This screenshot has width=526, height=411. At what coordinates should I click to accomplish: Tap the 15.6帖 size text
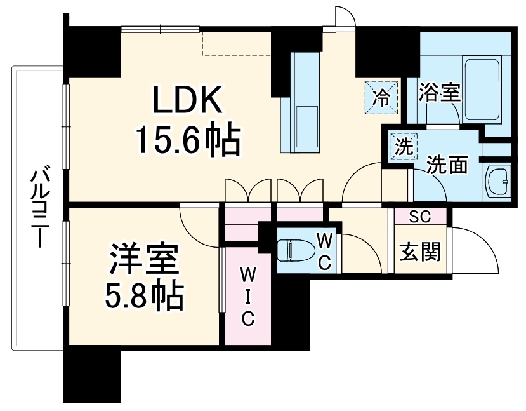[x=188, y=142]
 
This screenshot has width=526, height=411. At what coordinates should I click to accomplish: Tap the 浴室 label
[x=439, y=93]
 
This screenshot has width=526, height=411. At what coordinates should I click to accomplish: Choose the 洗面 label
[x=447, y=165]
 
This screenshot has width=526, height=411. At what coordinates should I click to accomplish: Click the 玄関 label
[x=419, y=253]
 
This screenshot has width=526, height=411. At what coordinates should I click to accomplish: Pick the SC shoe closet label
[x=419, y=217]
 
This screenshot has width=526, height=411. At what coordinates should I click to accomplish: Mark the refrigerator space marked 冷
[x=382, y=97]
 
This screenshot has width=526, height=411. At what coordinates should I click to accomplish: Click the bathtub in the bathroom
[x=483, y=92]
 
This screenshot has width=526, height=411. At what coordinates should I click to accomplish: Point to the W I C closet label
[x=247, y=296]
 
